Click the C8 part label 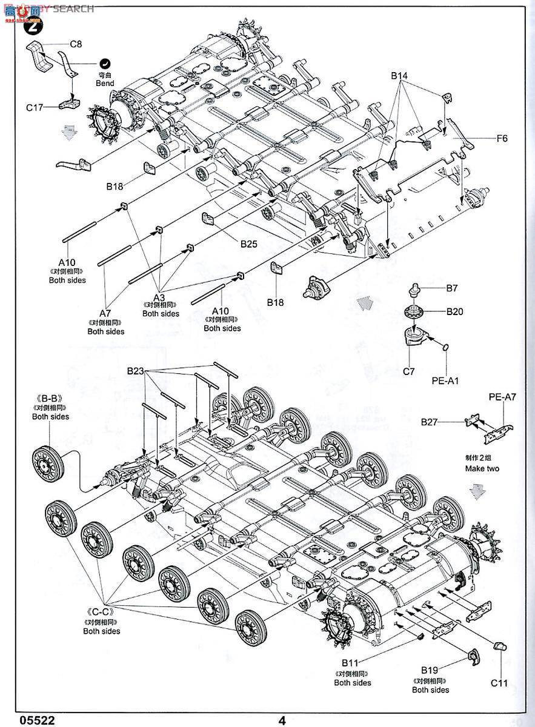click(x=76, y=44)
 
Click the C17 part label click(x=36, y=107)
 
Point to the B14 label click(x=400, y=76)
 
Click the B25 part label click(x=249, y=244)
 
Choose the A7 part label click(x=105, y=313)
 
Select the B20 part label click(x=454, y=311)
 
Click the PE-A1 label click(x=447, y=381)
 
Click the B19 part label click(x=430, y=670)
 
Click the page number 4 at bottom click(x=282, y=720)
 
